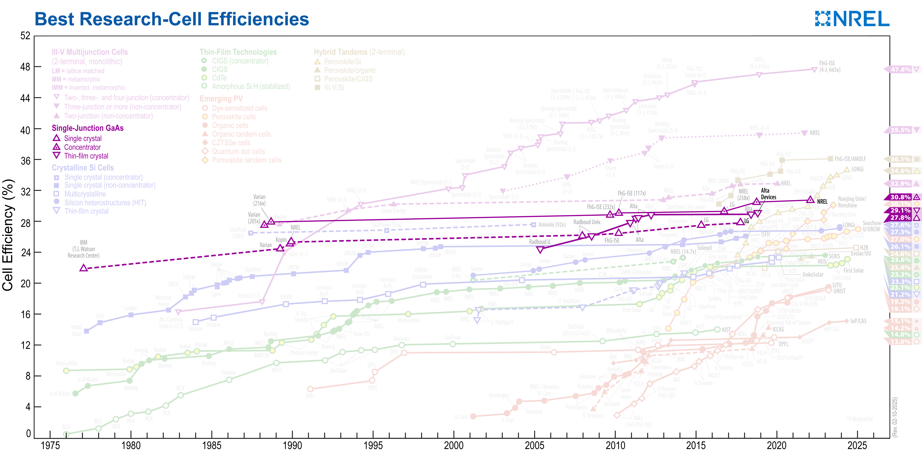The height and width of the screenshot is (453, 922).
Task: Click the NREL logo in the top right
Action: pos(852,19)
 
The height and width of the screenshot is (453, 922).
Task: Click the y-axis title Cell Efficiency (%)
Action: pos(8,235)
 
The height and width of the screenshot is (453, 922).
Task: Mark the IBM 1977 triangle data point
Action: pos(83,268)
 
